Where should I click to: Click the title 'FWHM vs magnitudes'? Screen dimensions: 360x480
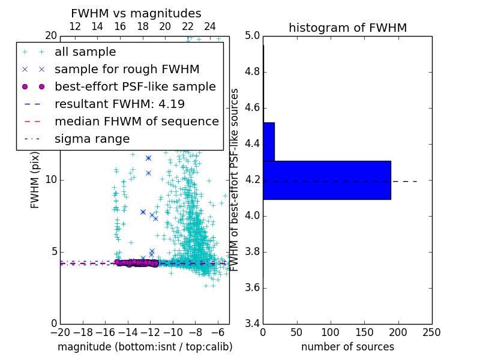click(x=136, y=13)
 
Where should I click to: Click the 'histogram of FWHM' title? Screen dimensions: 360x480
click(x=347, y=28)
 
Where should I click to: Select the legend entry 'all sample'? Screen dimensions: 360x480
click(x=85, y=52)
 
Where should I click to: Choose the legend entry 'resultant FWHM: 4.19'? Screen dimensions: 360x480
click(x=119, y=104)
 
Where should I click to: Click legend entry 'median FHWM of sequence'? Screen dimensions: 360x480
click(x=136, y=121)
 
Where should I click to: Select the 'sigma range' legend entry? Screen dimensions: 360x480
click(x=92, y=139)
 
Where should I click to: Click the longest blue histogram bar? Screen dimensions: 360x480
click(x=327, y=179)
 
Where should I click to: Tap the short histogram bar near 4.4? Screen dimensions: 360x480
click(x=269, y=142)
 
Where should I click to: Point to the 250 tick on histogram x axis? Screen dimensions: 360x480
click(x=431, y=332)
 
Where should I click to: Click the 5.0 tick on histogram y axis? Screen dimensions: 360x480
click(x=252, y=36)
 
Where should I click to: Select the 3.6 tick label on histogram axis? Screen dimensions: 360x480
click(x=252, y=287)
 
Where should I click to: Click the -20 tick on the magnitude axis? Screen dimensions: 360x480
click(x=60, y=332)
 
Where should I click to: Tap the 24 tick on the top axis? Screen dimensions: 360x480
click(x=210, y=26)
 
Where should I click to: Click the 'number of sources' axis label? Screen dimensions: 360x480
click(x=347, y=347)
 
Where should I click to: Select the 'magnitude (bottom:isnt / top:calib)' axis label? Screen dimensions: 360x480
click(x=145, y=347)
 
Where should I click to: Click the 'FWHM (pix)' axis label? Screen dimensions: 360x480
click(x=35, y=179)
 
